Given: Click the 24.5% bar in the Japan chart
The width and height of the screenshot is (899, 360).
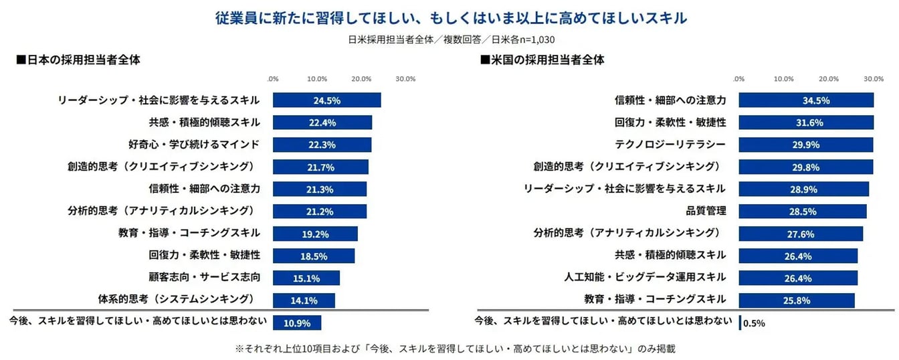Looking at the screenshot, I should click(326, 100).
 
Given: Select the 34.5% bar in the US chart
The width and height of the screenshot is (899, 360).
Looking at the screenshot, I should click(806, 100).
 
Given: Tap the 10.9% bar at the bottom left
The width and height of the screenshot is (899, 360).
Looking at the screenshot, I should click(297, 323).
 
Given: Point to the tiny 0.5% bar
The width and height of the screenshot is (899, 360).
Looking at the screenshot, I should click(740, 323).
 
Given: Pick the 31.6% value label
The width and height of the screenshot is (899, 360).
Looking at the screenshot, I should click(816, 122).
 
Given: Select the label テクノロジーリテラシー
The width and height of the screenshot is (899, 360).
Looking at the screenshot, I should click(670, 145).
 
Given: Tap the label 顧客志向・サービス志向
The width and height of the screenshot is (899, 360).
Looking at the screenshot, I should click(204, 277).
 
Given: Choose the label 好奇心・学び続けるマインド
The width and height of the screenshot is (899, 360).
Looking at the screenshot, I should click(194, 145).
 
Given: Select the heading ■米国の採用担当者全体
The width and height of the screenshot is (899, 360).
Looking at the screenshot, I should click(542, 60).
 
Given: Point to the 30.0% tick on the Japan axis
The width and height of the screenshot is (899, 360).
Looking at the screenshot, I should click(405, 79).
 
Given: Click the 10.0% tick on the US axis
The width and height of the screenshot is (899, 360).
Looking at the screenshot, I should click(783, 79).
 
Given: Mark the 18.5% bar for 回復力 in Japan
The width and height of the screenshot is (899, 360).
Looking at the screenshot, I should click(314, 256).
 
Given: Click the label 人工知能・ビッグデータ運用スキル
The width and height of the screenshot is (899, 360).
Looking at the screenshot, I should click(647, 277).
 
